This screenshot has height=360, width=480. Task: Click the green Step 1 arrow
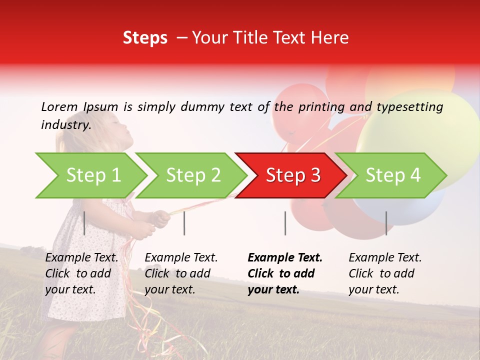pos(93,175)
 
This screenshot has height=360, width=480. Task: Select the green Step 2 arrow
pos(193,175)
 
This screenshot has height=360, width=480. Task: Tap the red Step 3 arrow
pos(293,175)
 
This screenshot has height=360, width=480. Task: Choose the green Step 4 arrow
pos(393,175)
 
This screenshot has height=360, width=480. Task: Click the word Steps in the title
pos(145,38)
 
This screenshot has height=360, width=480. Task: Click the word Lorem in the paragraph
pos(59,106)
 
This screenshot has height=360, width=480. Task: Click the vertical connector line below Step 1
pos(84,223)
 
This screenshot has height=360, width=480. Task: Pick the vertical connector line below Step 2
pos(184,223)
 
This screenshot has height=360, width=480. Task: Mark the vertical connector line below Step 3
pos(285,223)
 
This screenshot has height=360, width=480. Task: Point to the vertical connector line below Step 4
pos(386,223)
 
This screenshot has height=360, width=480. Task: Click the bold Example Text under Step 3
pos(285,258)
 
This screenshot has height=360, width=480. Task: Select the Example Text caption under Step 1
pos(81,258)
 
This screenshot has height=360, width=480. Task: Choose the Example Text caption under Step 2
pos(181,258)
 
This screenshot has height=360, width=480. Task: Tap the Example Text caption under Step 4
pos(385,258)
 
